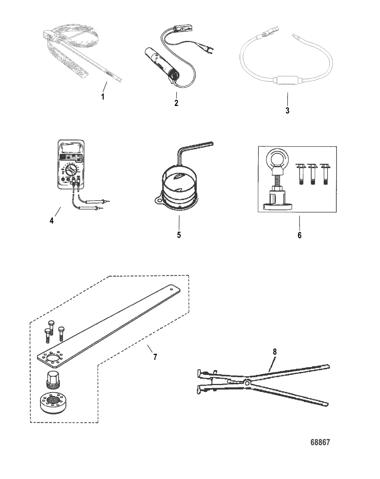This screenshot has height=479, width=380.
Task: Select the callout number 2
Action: [x=176, y=103]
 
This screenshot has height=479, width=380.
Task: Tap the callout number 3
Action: [x=287, y=111]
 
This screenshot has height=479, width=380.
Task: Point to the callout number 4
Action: [x=51, y=220]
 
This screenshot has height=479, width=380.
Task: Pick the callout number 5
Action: [x=179, y=235]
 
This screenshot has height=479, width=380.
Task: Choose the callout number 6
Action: [x=299, y=235]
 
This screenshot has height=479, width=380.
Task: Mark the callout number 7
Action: [x=155, y=357]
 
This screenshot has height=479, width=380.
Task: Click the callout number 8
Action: [x=275, y=352]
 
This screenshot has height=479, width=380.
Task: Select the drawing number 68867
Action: [x=320, y=442]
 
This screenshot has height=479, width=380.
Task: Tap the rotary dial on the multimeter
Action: [x=71, y=168]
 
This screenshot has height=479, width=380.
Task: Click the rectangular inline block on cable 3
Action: [x=287, y=81]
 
